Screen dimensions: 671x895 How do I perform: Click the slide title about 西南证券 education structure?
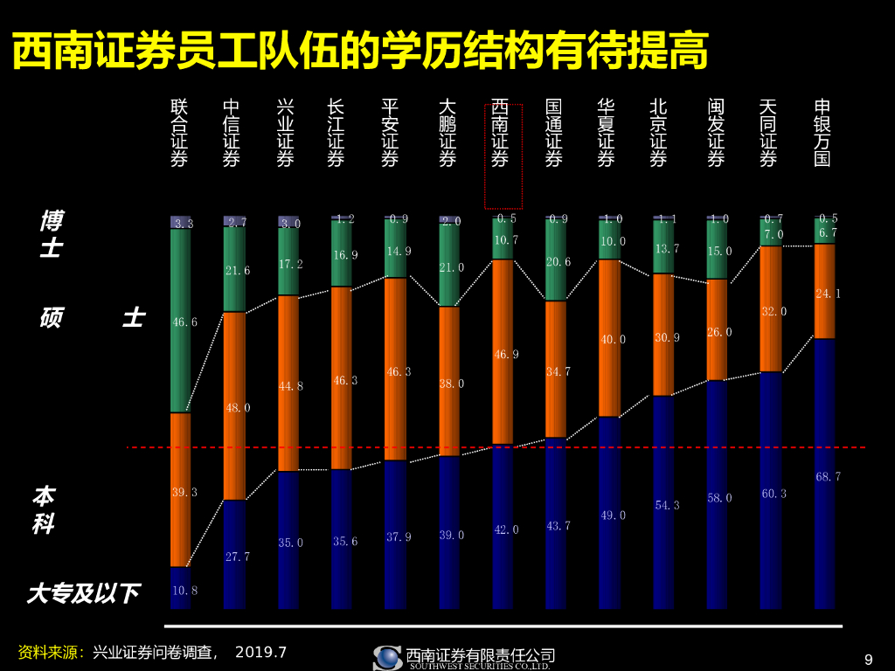(359, 52)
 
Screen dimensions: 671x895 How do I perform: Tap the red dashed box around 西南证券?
(503, 156)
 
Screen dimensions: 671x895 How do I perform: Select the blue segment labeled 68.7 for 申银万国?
(825, 476)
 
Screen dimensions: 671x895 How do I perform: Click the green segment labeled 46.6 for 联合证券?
(180, 322)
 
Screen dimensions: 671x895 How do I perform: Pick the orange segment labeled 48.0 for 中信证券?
(234, 407)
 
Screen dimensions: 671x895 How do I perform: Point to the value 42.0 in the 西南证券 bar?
(505, 529)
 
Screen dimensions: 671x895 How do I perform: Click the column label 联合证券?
(179, 133)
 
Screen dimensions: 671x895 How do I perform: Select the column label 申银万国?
(822, 133)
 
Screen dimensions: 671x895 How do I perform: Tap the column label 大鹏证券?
(447, 133)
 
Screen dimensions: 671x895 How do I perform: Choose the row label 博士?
(51, 234)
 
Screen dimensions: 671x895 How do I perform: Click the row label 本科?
(43, 510)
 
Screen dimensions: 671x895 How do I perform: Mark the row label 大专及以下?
(83, 594)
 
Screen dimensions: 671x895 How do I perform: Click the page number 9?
(868, 660)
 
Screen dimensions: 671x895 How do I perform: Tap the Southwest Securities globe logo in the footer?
(387, 658)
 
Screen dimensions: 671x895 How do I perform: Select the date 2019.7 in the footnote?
(260, 653)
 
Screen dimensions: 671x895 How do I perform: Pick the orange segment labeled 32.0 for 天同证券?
(771, 310)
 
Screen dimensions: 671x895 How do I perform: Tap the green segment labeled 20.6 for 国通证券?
(556, 260)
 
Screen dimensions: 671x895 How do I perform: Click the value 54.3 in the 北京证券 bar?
(664, 505)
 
